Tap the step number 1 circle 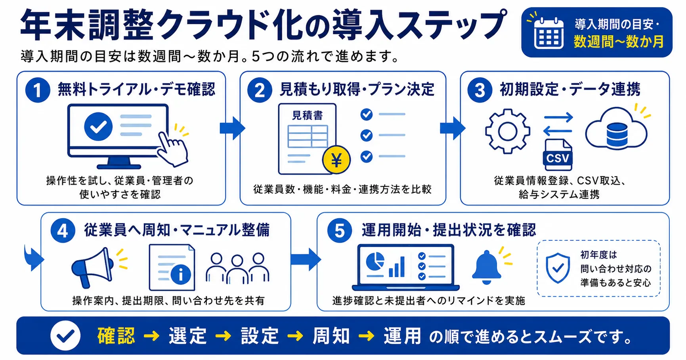(38, 90)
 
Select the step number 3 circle (480, 90)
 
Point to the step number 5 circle (340, 230)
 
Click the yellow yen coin (336, 160)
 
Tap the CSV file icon (558, 154)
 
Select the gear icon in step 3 (508, 131)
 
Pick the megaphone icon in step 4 (92, 267)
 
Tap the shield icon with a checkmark (558, 268)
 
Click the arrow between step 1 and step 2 (232, 128)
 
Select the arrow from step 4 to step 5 (306, 259)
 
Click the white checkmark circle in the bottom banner (65, 336)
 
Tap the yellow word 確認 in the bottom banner (116, 336)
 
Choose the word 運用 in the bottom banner (402, 336)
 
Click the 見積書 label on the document (308, 115)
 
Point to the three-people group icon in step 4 (237, 268)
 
